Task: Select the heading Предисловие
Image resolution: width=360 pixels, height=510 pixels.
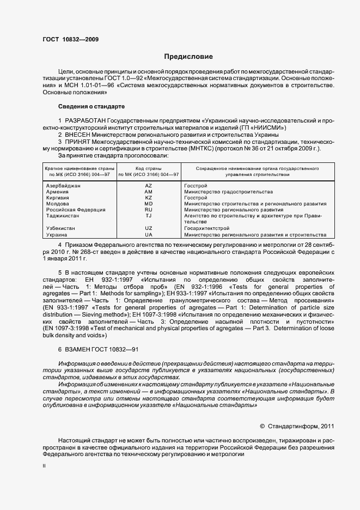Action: (188, 57)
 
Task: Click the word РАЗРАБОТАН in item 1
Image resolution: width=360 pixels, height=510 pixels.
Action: (86, 120)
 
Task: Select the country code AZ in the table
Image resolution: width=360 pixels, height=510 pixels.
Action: (148, 186)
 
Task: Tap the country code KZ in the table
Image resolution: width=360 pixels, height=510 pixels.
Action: (148, 198)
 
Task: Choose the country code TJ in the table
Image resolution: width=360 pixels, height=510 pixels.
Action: (148, 216)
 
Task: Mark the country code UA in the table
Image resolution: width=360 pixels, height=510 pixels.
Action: (148, 235)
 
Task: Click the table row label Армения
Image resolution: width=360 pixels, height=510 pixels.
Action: (57, 192)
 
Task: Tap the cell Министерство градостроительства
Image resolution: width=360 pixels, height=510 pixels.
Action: (228, 192)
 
